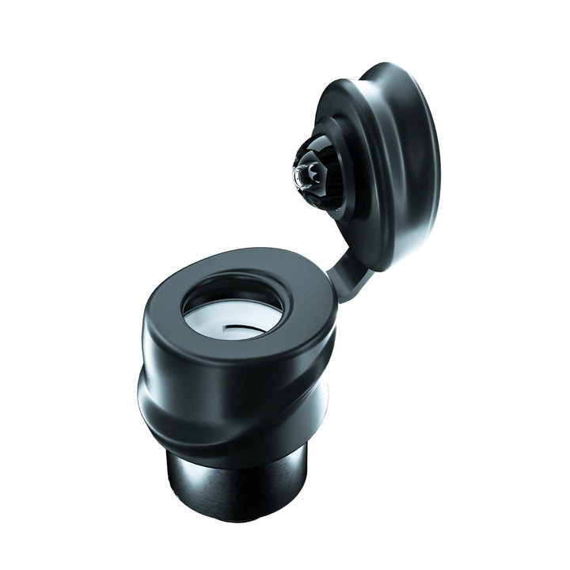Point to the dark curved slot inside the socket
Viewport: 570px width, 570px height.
pyautogui.click(x=237, y=327)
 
